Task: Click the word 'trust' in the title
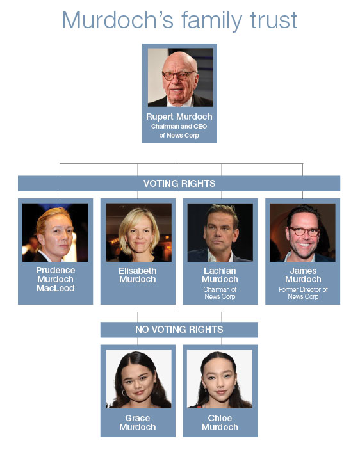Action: click(x=274, y=20)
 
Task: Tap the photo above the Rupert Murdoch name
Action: click(x=180, y=77)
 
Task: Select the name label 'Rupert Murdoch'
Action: click(x=179, y=117)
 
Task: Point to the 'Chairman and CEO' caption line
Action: click(x=179, y=127)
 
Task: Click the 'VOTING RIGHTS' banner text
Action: click(x=179, y=184)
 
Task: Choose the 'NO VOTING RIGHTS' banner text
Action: click(x=179, y=330)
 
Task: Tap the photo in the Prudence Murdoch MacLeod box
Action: click(x=55, y=232)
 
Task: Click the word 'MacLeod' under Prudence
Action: click(x=55, y=288)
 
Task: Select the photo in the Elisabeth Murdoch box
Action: click(x=138, y=232)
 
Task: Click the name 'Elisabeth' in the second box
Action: click(x=138, y=271)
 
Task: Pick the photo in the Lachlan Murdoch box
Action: click(x=220, y=232)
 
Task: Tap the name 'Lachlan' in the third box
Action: click(x=220, y=271)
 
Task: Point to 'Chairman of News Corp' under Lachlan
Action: click(x=220, y=293)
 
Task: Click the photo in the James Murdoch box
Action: click(x=302, y=232)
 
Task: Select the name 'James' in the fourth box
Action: click(x=303, y=271)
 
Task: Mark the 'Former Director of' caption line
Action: click(x=303, y=289)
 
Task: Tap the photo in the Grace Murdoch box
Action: click(x=138, y=379)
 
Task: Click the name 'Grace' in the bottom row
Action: click(x=138, y=418)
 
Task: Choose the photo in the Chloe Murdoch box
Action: click(x=220, y=379)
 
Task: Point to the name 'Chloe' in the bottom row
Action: click(x=220, y=418)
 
